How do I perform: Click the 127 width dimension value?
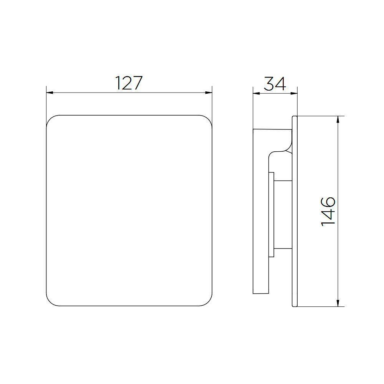click(129, 83)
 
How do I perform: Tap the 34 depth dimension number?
click(275, 84)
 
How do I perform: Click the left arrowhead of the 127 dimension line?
click(49, 93)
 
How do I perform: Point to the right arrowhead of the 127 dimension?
click(209, 93)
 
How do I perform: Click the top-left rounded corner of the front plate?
click(50, 119)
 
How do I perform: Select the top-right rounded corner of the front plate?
click(208, 119)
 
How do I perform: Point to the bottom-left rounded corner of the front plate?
click(50, 302)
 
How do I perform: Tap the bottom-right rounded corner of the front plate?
click(208, 302)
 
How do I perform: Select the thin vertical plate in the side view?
click(295, 211)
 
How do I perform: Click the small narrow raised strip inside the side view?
click(271, 214)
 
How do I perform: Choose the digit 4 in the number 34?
click(281, 84)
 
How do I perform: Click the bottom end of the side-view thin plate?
click(295, 305)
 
